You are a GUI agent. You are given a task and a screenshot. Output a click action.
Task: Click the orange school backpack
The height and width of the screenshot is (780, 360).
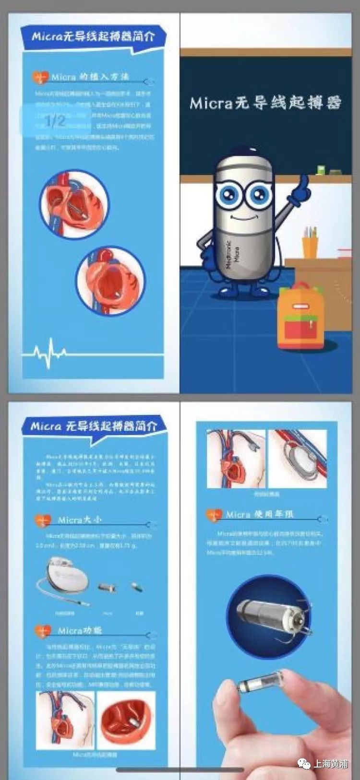[x=301, y=317]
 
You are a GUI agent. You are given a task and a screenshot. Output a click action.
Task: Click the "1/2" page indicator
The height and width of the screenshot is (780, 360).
[x=55, y=120]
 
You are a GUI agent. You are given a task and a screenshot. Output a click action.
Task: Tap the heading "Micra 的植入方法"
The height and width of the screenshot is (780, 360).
[x=90, y=77]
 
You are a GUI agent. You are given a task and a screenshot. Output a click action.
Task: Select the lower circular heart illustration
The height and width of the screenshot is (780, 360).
[x=110, y=281]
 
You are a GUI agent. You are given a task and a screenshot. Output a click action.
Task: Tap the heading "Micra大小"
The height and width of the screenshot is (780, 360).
[x=80, y=520]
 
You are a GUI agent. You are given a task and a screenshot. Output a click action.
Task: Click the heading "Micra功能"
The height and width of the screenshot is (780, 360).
[x=80, y=630]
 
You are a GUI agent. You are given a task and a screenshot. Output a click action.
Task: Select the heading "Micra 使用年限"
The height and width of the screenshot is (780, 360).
[x=259, y=514]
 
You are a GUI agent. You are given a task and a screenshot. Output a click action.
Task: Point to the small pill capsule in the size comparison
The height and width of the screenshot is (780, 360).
[x=137, y=587]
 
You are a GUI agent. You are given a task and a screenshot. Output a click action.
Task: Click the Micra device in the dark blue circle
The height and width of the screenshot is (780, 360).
[x=269, y=617]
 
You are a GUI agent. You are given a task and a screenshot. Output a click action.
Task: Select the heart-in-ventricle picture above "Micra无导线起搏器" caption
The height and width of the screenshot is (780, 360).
[x=126, y=720]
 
